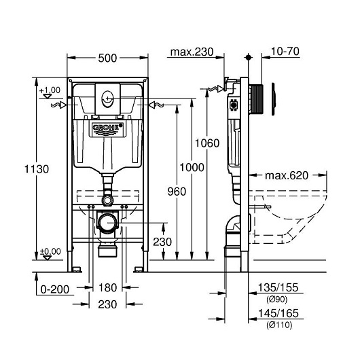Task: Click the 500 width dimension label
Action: coord(107,58)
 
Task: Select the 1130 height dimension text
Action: coord(37,169)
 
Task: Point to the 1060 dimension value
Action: coord(207,143)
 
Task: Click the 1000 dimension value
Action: coord(192,167)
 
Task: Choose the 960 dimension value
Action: coord(177,192)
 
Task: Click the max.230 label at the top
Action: coord(192,52)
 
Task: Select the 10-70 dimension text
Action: coord(285,51)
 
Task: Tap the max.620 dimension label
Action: coord(286,176)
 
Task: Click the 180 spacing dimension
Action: coord(107,288)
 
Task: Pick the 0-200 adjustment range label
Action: coord(54,289)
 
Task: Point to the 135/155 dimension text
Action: coord(278,287)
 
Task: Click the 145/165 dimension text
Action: coord(278,313)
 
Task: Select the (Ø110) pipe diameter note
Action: coord(279,325)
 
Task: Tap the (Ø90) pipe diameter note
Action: coord(277,299)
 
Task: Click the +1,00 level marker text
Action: coord(50,90)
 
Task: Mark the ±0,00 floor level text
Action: coord(50,251)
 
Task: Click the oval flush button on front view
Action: coord(107,99)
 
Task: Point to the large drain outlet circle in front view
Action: coord(107,223)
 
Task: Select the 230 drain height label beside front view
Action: coord(162,242)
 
